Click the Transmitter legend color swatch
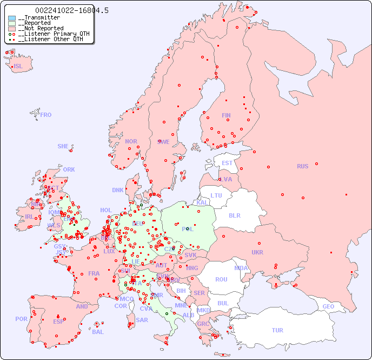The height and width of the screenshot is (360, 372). point(12,18)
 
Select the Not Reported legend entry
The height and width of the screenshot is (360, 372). point(41,29)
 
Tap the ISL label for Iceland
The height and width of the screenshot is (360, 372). point(18,67)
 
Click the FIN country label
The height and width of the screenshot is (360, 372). point(226,115)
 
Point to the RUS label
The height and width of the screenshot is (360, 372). point(302,166)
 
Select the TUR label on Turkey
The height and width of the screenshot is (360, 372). point(277,330)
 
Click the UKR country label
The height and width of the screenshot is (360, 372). point(257,252)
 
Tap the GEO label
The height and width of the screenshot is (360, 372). point(328,306)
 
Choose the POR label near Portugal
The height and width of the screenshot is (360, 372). point(21,319)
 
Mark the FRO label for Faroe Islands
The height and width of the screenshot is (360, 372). point(46,115)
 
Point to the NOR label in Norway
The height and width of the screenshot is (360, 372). point(131,141)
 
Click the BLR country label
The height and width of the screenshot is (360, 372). point(234,215)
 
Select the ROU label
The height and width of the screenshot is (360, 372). point(221,279)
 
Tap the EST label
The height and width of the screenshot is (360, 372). point(227,163)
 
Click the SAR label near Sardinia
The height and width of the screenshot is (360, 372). point(142,320)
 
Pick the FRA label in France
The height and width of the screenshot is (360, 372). point(94,273)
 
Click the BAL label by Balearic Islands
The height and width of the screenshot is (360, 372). point(97,332)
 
